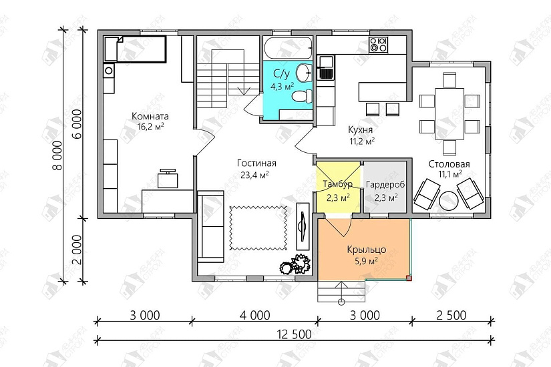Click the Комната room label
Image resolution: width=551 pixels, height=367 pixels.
tap(150, 116)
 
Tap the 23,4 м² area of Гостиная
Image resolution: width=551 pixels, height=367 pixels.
tap(254, 175)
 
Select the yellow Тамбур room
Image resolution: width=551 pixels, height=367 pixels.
tap(338, 186)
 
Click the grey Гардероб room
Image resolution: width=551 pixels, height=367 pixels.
tap(385, 186)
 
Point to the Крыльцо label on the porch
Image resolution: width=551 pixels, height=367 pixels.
tap(367, 250)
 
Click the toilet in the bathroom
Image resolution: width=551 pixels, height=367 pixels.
tap(302, 96)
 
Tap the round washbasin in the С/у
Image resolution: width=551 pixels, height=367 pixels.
tap(304, 73)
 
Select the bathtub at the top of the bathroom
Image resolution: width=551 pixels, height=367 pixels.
tap(287, 49)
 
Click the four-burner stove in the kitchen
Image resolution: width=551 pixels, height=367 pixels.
tap(378, 45)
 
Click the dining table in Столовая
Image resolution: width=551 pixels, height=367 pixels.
tap(449, 114)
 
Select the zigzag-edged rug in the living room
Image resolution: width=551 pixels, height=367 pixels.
tap(258, 228)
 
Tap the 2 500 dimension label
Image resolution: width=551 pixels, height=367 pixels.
tap(451, 316)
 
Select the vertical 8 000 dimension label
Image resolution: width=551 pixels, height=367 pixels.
tap(57, 155)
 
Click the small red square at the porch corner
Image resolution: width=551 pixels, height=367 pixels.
tap(409, 278)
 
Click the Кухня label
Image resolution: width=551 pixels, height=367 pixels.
tap(361, 130)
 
